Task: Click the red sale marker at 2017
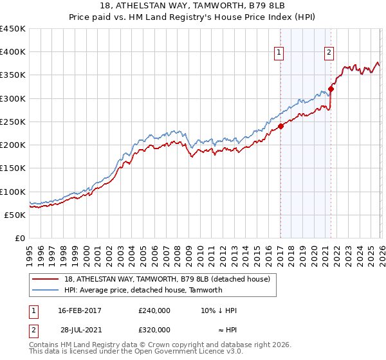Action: tap(280, 127)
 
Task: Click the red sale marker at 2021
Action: tap(331, 89)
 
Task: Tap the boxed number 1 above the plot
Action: tap(280, 53)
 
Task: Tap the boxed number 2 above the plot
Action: tap(329, 53)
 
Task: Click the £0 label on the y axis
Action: tap(20, 238)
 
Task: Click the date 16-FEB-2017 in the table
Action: tap(79, 310)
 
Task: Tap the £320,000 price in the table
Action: tap(154, 329)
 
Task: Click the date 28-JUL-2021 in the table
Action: tap(79, 329)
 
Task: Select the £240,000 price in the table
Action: tap(154, 310)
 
